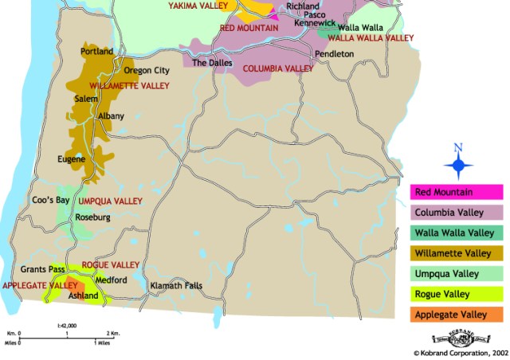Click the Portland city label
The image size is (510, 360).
(x=97, y=52)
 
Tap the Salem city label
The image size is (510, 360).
(x=85, y=99)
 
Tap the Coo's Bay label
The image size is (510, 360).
(x=48, y=200)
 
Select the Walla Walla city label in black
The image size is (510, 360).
(x=361, y=27)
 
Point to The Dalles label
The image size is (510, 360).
(x=211, y=62)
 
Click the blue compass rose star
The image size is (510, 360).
(x=457, y=166)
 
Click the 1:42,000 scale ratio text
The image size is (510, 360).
(x=67, y=326)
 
